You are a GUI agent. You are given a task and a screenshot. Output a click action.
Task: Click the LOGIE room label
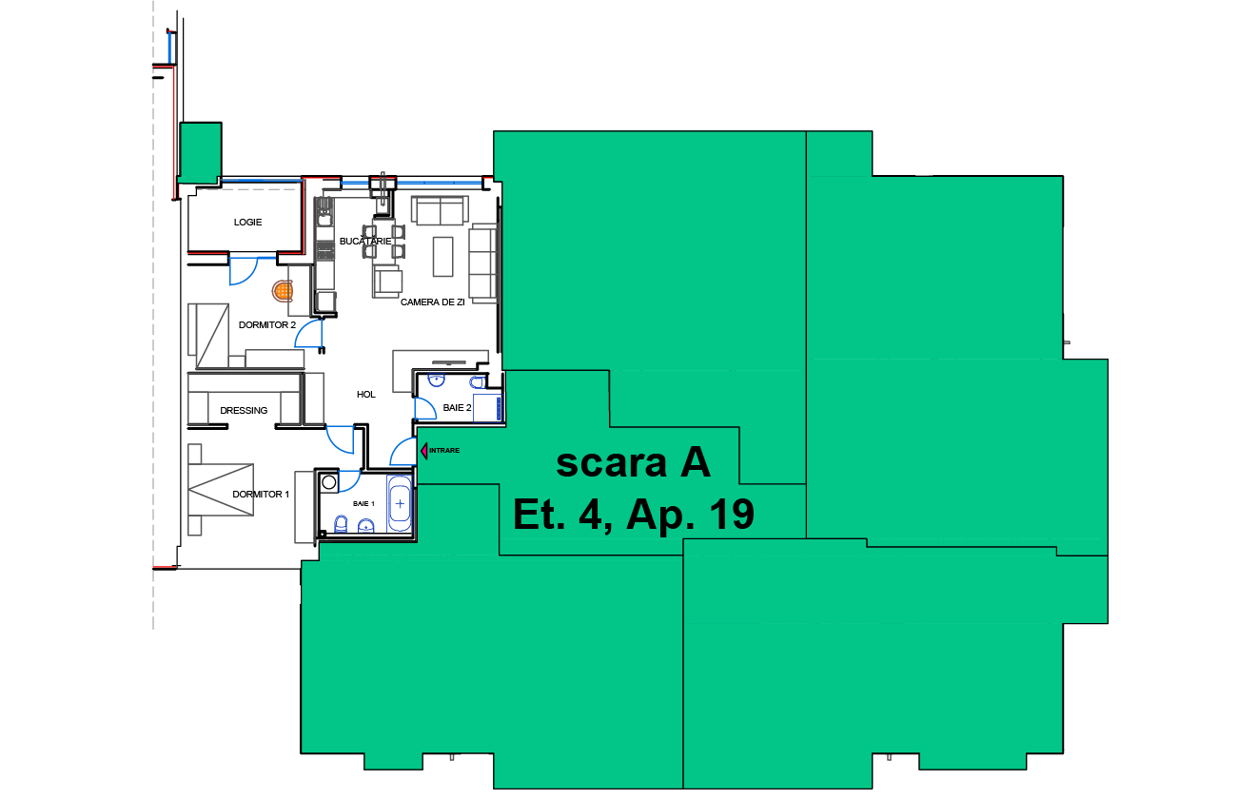click(x=247, y=223)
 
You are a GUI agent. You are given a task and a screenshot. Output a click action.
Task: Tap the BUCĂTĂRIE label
click(x=365, y=241)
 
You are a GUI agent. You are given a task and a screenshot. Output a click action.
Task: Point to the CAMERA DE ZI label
click(x=432, y=302)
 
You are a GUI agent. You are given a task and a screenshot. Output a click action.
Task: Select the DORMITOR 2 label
click(x=267, y=325)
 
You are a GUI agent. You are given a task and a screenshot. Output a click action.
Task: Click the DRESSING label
click(x=244, y=411)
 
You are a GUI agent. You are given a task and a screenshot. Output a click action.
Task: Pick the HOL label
click(x=366, y=395)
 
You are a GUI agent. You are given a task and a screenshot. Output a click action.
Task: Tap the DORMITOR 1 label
click(x=261, y=495)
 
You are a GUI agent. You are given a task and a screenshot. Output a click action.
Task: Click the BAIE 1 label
click(x=363, y=504)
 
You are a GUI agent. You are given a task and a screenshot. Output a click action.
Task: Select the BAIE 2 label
click(x=457, y=408)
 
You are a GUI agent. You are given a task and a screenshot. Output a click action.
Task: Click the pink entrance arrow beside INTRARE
click(x=424, y=451)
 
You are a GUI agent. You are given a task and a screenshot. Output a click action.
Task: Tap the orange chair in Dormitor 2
click(x=283, y=291)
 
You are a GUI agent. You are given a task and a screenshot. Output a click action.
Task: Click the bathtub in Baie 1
click(x=400, y=504)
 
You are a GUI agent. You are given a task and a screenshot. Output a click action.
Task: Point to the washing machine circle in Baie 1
click(x=329, y=482)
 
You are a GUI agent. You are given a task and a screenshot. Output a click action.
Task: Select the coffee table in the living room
click(x=442, y=257)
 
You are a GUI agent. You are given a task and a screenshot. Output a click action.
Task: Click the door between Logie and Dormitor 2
click(x=243, y=270)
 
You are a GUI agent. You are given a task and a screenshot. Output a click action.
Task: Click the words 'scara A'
click(x=633, y=463)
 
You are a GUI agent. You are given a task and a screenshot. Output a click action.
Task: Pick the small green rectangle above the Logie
click(x=201, y=152)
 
